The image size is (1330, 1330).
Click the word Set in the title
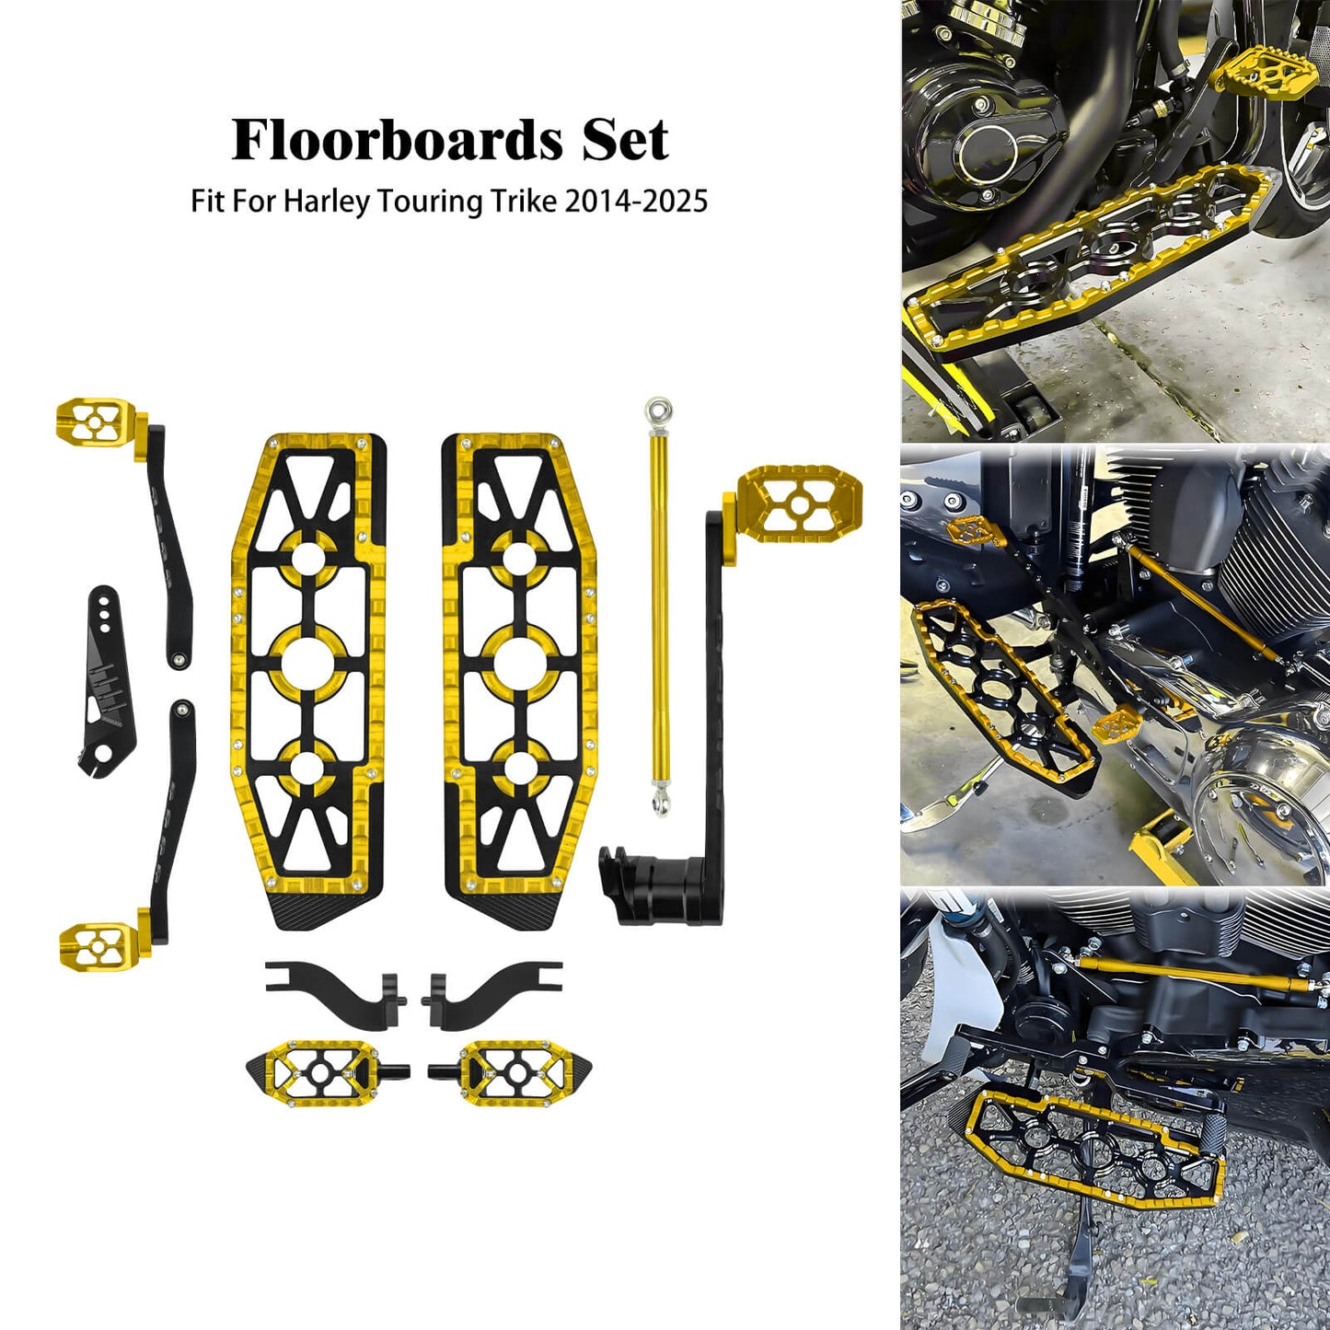[x=625, y=140]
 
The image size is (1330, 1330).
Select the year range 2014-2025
[x=636, y=201]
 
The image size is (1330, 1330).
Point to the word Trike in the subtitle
[x=524, y=201]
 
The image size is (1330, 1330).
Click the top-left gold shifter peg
[x=95, y=420]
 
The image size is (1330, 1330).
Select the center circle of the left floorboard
[x=308, y=662]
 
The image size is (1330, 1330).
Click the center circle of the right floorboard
[x=520, y=662]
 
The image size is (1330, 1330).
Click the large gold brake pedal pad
[x=798, y=503]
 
